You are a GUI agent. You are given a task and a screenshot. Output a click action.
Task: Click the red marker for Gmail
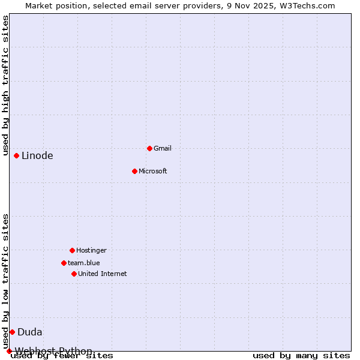tap(149, 148)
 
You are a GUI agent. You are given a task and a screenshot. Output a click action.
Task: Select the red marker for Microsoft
tap(134, 171)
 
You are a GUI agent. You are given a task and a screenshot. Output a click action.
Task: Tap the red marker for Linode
tap(16, 155)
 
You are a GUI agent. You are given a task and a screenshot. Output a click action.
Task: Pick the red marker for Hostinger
tap(72, 250)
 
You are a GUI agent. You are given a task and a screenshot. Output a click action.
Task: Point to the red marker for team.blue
tap(64, 263)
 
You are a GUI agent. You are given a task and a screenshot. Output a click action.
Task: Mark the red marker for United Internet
tap(74, 274)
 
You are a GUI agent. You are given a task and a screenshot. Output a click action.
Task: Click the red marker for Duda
tap(12, 332)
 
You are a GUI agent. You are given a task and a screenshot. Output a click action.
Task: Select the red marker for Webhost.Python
tap(9, 351)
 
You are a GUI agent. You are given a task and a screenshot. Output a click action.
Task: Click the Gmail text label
tap(163, 148)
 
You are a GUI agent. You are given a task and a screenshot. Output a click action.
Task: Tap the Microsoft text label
tap(153, 171)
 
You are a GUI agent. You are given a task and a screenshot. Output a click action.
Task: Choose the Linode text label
tap(37, 156)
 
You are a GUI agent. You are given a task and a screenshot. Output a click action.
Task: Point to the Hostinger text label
tap(91, 250)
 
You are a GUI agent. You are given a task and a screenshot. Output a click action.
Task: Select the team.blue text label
tap(84, 263)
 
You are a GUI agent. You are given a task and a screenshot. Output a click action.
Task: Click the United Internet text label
tap(103, 274)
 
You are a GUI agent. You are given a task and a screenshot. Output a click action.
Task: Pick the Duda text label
tap(30, 332)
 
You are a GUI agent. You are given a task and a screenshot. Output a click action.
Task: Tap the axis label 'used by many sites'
tap(301, 356)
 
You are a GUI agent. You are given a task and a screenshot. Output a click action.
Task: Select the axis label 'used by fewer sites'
tap(62, 356)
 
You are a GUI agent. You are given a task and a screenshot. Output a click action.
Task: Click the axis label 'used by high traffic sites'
tap(6, 85)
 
